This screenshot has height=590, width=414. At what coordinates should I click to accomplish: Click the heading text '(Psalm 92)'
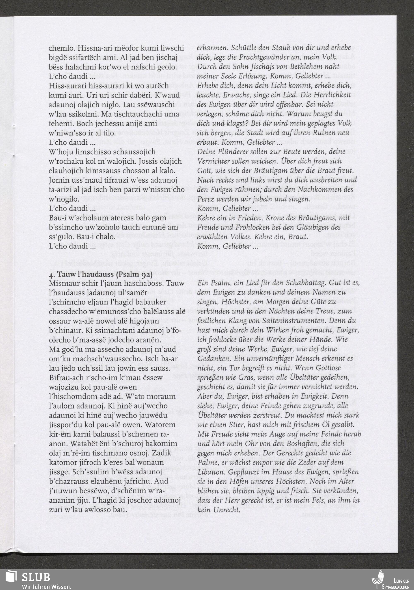point(134,274)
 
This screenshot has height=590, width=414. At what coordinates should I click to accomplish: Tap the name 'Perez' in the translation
point(205,199)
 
